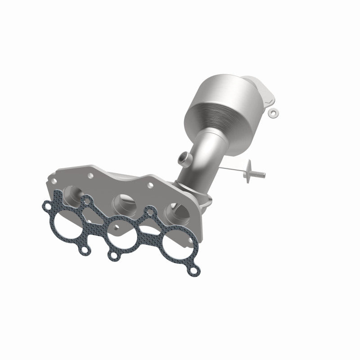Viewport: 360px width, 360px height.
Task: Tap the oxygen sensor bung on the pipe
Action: tap(182, 158)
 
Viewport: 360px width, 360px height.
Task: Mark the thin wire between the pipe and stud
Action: tap(232, 167)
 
